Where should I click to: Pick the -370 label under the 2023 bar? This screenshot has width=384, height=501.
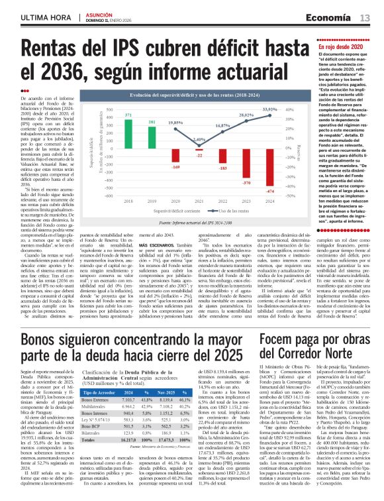click(247, 182)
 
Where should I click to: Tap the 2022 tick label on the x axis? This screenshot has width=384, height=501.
click(223, 200)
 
